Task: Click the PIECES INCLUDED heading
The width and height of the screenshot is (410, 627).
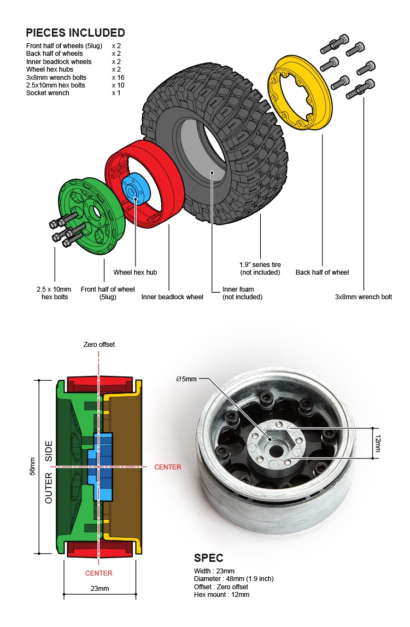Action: pyautogui.click(x=75, y=33)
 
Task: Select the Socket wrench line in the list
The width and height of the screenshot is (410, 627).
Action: pyautogui.click(x=48, y=93)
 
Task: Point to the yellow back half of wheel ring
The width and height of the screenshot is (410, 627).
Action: pyautogui.click(x=300, y=95)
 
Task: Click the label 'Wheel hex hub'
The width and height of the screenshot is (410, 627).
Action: pyautogui.click(x=135, y=272)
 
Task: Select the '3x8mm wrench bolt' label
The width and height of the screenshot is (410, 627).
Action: pyautogui.click(x=364, y=297)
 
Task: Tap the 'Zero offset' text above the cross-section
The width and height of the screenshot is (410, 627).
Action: pyautogui.click(x=99, y=345)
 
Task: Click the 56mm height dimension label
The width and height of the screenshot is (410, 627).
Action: pyautogui.click(x=32, y=466)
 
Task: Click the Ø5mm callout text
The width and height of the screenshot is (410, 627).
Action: pyautogui.click(x=186, y=379)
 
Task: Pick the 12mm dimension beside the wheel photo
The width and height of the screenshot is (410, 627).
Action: pyautogui.click(x=378, y=444)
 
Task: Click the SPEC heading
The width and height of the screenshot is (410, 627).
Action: pyautogui.click(x=209, y=559)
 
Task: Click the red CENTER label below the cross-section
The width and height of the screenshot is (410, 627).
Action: pyautogui.click(x=99, y=573)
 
